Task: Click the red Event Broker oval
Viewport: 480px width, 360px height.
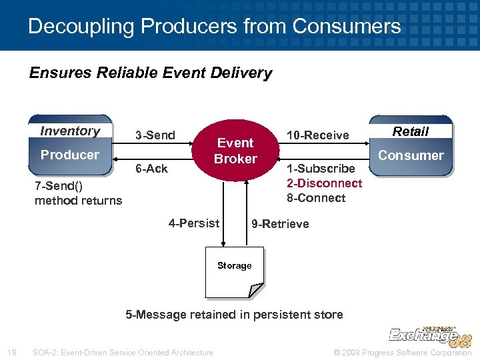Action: click(235, 151)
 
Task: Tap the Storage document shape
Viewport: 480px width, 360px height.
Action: click(234, 272)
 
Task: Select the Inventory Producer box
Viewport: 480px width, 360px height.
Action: click(70, 145)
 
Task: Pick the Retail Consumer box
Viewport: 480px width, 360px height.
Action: click(411, 145)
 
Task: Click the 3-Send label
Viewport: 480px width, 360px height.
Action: click(155, 135)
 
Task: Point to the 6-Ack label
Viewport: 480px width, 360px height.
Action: click(152, 169)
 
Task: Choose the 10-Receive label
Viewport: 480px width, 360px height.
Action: click(317, 135)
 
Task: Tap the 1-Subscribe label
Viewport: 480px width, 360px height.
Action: click(321, 169)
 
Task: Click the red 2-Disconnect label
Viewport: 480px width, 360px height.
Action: click(324, 183)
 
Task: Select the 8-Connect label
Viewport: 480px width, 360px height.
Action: click(316, 198)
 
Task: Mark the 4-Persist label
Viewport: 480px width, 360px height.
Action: click(194, 223)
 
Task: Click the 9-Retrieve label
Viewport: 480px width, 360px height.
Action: click(280, 224)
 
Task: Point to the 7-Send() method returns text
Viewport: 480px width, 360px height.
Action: click(78, 193)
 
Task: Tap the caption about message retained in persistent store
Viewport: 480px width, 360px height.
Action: click(235, 315)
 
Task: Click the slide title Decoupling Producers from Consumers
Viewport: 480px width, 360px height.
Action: click(215, 27)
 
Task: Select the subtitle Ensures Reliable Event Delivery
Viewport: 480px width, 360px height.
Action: click(151, 73)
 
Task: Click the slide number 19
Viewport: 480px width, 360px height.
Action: click(11, 353)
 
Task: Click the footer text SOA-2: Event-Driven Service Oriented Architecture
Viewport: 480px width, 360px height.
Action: click(123, 353)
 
